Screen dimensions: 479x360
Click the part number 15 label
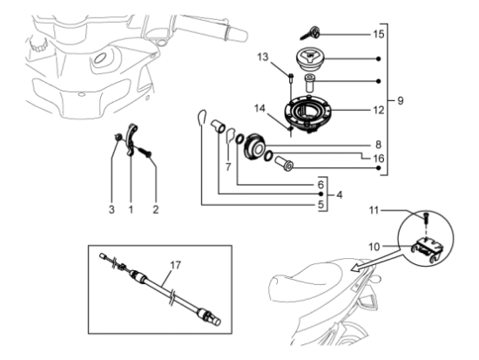(379, 34)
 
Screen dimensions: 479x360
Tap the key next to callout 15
(310, 33)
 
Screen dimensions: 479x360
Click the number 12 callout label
(379, 110)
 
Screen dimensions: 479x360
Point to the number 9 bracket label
(401, 100)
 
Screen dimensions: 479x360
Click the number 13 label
(262, 57)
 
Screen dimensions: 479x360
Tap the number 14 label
(260, 108)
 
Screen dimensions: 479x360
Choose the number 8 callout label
(378, 145)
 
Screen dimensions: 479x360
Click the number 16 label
(379, 159)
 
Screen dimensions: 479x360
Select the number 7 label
(228, 167)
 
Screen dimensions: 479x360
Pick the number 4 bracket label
(339, 194)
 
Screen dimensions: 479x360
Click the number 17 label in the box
(176, 265)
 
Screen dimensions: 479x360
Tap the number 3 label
(111, 210)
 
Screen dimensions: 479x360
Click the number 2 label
(156, 210)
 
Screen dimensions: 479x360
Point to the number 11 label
(374, 210)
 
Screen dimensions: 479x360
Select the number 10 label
(374, 247)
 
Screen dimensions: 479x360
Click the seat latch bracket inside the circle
(428, 248)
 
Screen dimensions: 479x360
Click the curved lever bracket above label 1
(132, 139)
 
